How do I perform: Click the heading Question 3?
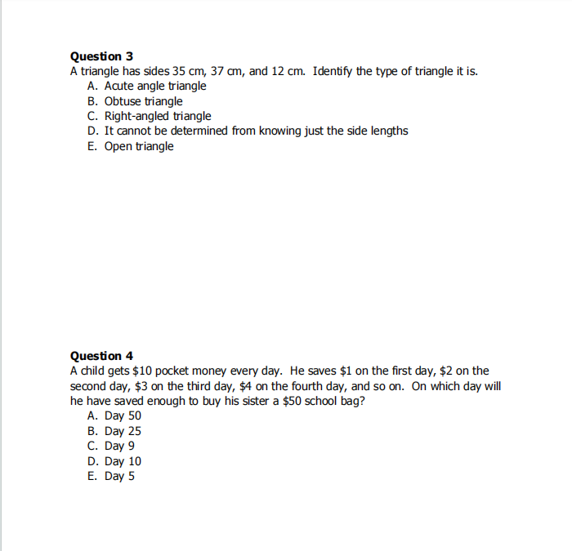[101, 56]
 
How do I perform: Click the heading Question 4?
[101, 356]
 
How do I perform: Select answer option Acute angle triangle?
[155, 87]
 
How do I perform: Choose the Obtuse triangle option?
[143, 101]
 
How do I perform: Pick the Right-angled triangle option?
[158, 117]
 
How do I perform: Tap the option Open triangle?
[139, 147]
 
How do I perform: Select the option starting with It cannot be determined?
[256, 131]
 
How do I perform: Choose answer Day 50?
[123, 416]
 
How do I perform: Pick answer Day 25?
[123, 431]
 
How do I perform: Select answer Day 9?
[120, 447]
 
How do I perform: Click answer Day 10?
[123, 461]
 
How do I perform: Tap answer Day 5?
[120, 477]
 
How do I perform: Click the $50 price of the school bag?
[292, 402]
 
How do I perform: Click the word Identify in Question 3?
[333, 72]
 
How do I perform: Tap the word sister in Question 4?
[251, 402]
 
